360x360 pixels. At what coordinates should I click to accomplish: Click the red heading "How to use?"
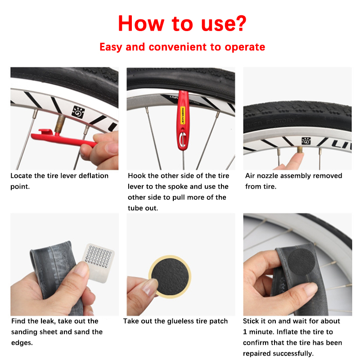[182, 23]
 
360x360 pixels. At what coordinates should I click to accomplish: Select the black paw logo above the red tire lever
[78, 112]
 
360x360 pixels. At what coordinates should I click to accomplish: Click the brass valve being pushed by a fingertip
[300, 150]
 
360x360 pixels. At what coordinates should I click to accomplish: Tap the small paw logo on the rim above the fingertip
[306, 141]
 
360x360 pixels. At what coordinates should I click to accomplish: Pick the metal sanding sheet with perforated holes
[98, 262]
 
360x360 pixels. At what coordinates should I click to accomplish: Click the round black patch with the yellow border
[170, 276]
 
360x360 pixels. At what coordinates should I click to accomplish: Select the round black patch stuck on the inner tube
[301, 262]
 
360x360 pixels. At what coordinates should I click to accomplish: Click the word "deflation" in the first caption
[94, 175]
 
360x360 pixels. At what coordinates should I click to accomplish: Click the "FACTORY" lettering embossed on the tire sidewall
[280, 121]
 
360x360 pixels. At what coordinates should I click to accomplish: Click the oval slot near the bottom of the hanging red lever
[182, 140]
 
